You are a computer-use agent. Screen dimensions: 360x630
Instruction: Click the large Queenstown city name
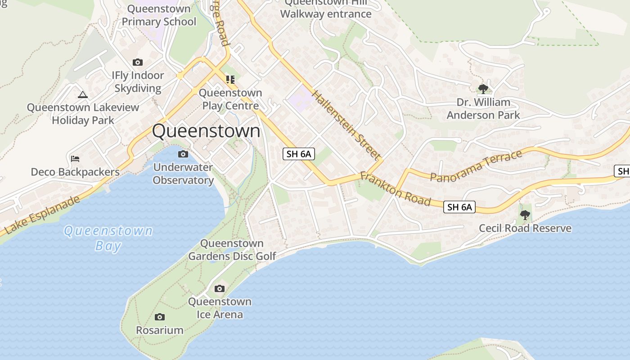pos(206,131)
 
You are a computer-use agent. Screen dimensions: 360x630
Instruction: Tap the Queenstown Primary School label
pos(159,15)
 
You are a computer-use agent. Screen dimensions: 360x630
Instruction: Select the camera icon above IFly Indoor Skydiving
pos(138,63)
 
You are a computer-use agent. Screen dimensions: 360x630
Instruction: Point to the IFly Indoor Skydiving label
pos(138,81)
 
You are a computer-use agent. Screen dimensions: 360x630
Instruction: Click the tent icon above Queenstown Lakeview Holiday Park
pos(82,94)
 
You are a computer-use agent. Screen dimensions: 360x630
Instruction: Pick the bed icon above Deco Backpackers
pos(75,159)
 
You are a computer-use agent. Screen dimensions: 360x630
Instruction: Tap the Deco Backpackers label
pos(75,172)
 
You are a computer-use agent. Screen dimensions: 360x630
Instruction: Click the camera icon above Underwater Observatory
pos(183,154)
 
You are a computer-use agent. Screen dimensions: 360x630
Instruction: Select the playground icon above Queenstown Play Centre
pos(230,80)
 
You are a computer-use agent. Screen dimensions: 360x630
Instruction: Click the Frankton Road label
pos(396,189)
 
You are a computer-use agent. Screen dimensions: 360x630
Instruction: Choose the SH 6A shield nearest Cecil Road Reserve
pos(459,207)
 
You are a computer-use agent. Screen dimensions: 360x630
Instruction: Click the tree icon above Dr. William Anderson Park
pos(483,89)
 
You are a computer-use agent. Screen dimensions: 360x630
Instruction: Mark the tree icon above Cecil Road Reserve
pos(525,215)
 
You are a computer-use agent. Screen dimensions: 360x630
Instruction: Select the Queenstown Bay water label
pos(108,238)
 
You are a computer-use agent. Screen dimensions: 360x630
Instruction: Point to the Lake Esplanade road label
pos(43,215)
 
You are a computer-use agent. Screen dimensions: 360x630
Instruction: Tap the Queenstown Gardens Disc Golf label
pos(232,250)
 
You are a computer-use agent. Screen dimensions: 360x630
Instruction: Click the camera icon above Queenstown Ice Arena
pos(220,288)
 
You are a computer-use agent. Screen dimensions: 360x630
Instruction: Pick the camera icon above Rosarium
pos(160,317)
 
